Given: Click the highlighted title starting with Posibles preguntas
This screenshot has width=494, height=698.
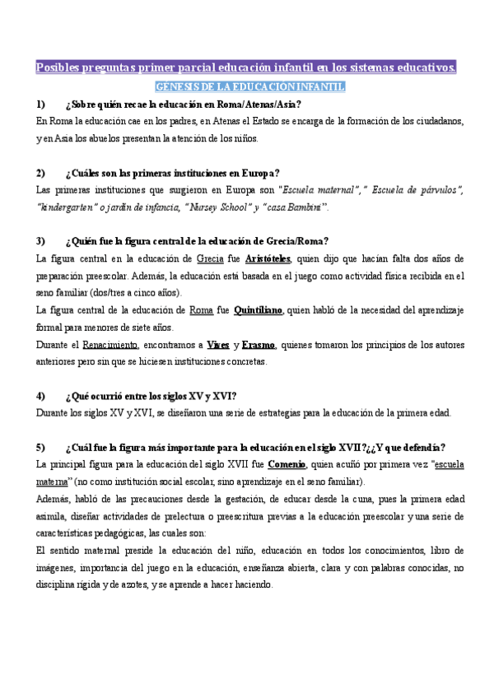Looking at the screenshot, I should click(x=247, y=67).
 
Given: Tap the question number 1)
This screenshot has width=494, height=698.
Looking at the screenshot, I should click(x=42, y=105).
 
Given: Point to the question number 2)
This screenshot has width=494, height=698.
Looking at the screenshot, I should click(x=42, y=173).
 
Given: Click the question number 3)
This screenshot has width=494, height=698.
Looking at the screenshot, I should click(x=42, y=241).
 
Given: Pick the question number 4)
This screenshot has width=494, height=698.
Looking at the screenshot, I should click(x=42, y=395).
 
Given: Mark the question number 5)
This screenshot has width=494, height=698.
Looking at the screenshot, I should click(x=42, y=447).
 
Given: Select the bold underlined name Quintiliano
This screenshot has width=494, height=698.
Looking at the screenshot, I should click(x=259, y=309).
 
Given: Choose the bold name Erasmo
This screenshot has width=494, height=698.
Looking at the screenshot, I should click(x=259, y=344).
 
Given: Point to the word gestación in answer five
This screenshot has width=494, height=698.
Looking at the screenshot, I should click(x=240, y=499).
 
